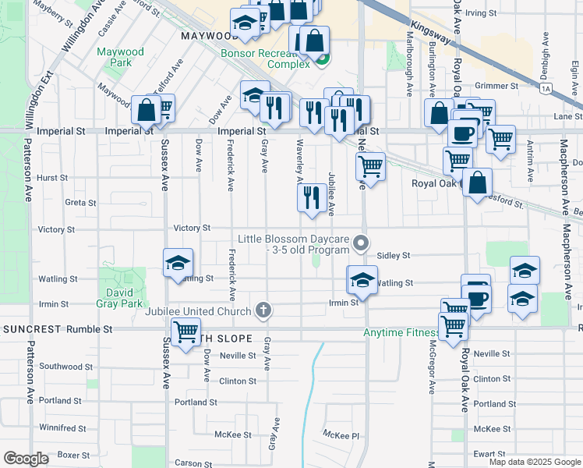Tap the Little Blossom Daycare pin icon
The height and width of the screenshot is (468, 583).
pyautogui.click(x=360, y=244)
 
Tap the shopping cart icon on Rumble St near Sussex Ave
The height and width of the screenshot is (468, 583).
pyautogui.click(x=185, y=334)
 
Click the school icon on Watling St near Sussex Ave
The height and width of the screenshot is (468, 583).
pyautogui.click(x=178, y=264)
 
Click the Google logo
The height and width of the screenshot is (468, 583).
pyautogui.click(x=26, y=459)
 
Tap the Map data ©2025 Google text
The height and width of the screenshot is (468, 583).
pyautogui.click(x=535, y=462)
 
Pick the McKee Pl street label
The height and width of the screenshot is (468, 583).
pyautogui.click(x=341, y=434)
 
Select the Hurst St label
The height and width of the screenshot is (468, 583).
pyautogui.click(x=52, y=178)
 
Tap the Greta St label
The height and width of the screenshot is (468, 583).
pyautogui.click(x=80, y=203)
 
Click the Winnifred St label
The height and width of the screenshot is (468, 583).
pyautogui.click(x=62, y=428)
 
